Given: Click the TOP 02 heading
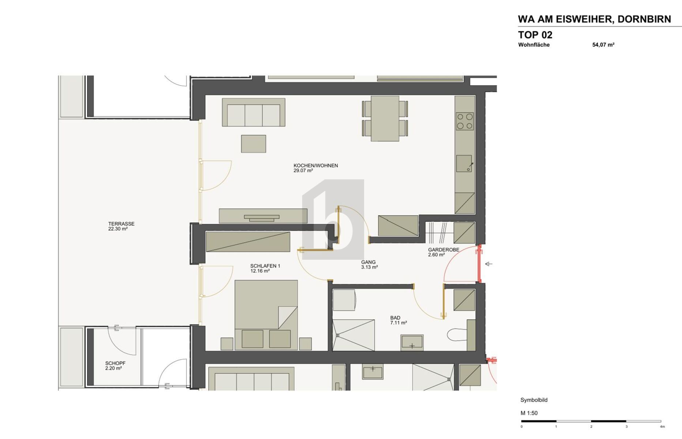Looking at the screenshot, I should click(x=535, y=35).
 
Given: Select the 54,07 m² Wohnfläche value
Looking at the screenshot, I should click(x=603, y=45).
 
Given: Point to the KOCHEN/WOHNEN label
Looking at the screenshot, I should click(x=316, y=166).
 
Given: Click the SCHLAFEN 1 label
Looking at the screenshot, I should click(x=265, y=266).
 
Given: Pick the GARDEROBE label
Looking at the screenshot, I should click(x=444, y=250).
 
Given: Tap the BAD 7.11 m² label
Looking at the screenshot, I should click(x=398, y=320).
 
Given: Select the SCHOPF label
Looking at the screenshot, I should click(x=115, y=363).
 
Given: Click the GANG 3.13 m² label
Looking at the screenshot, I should click(x=369, y=264).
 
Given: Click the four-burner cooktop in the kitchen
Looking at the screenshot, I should click(x=465, y=121).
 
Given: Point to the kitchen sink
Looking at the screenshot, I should click(x=464, y=164).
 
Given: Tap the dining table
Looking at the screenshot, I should click(x=385, y=118).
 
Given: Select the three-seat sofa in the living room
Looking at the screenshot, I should click(x=253, y=113).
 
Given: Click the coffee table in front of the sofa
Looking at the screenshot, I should click(x=253, y=144).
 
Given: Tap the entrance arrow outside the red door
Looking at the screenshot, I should click(x=489, y=264).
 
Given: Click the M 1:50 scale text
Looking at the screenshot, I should click(x=529, y=413).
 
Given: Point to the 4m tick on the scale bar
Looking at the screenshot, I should click(x=662, y=426).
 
